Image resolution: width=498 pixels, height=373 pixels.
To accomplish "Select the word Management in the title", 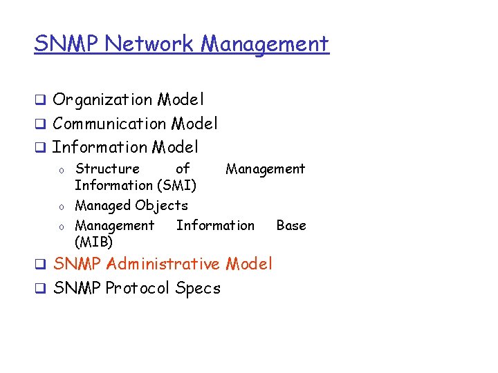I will pyautogui.click(x=265, y=44).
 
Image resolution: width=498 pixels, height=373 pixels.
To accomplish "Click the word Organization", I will pyautogui.click(x=102, y=100).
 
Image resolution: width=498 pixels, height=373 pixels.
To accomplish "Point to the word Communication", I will pyautogui.click(x=109, y=124).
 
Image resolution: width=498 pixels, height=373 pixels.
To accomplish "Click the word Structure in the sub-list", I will pyautogui.click(x=107, y=169).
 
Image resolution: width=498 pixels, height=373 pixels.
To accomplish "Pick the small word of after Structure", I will pyautogui.click(x=183, y=169).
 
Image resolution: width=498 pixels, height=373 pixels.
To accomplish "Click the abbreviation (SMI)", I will pyautogui.click(x=176, y=185).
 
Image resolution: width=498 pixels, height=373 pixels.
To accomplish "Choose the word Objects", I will pyautogui.click(x=161, y=205).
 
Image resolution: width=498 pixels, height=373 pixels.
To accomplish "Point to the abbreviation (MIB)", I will pyautogui.click(x=93, y=242).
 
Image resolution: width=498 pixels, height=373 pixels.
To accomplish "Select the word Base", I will pyautogui.click(x=290, y=225).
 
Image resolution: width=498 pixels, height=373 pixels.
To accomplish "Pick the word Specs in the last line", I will pyautogui.click(x=198, y=288).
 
